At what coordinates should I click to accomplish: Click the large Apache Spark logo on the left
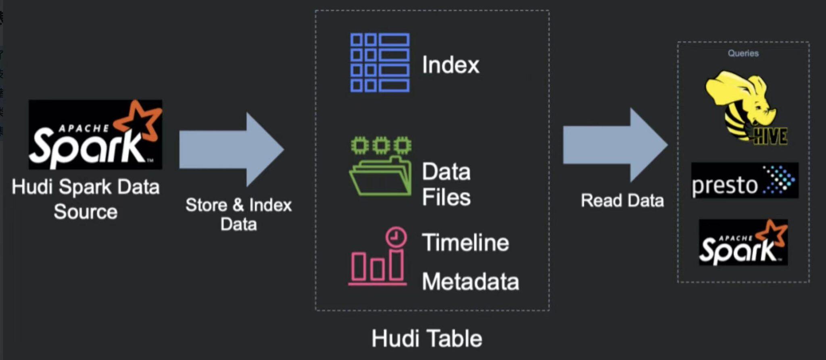(95, 135)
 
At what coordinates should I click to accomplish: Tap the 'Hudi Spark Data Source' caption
(86, 199)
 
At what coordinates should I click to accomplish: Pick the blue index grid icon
(380, 63)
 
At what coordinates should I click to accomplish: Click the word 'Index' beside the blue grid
(451, 65)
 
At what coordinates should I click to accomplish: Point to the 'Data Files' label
(446, 184)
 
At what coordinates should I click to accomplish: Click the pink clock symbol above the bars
(396, 237)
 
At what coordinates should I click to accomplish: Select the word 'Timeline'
(465, 243)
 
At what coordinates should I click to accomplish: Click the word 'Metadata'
(470, 281)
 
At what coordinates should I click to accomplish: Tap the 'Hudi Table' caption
(427, 338)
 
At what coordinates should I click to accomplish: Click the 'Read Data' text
(622, 200)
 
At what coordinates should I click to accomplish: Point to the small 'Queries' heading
(743, 53)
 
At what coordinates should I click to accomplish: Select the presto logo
(745, 181)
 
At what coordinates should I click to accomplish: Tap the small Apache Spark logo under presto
(743, 242)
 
